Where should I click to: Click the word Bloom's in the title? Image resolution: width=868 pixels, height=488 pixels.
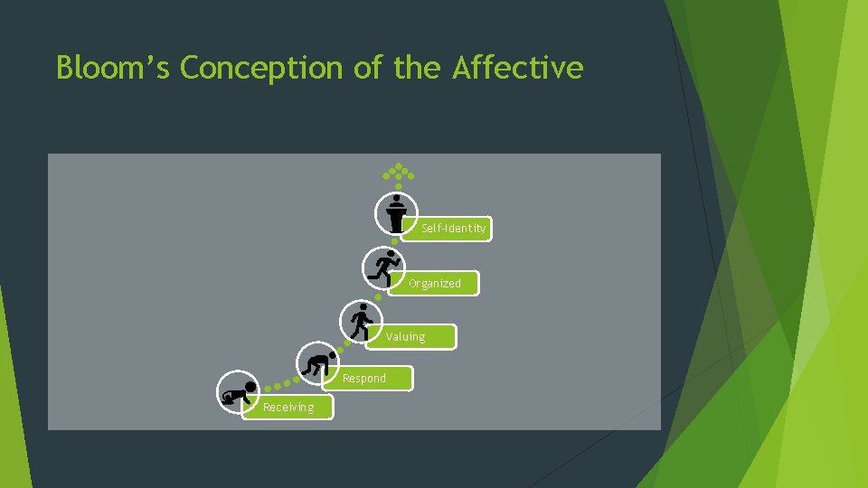pos(113,68)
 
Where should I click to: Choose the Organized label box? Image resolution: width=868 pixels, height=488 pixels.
pos(436,283)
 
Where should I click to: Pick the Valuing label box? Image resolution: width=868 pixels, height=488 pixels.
pos(412,336)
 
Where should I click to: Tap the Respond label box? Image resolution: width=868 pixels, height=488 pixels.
pos(372,378)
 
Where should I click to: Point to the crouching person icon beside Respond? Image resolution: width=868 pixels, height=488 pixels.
pos(318,364)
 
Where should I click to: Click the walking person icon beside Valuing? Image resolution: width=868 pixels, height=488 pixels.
pos(361,321)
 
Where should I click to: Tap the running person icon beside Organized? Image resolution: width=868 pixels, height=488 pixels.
pos(384,268)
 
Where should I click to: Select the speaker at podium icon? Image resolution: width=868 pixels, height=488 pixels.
pos(396,213)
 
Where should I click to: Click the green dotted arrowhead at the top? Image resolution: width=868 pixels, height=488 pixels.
pos(397,172)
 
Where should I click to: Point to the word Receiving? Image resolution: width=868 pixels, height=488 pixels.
pos(288,407)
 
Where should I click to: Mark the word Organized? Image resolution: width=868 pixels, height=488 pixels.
pos(434,283)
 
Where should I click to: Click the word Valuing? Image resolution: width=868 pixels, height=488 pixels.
pos(405,336)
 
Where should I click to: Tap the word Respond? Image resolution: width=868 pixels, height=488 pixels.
pos(364,378)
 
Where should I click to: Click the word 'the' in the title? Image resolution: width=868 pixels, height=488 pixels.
pos(419,68)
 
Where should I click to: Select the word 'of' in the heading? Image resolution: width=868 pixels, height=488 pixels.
pos(366,68)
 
